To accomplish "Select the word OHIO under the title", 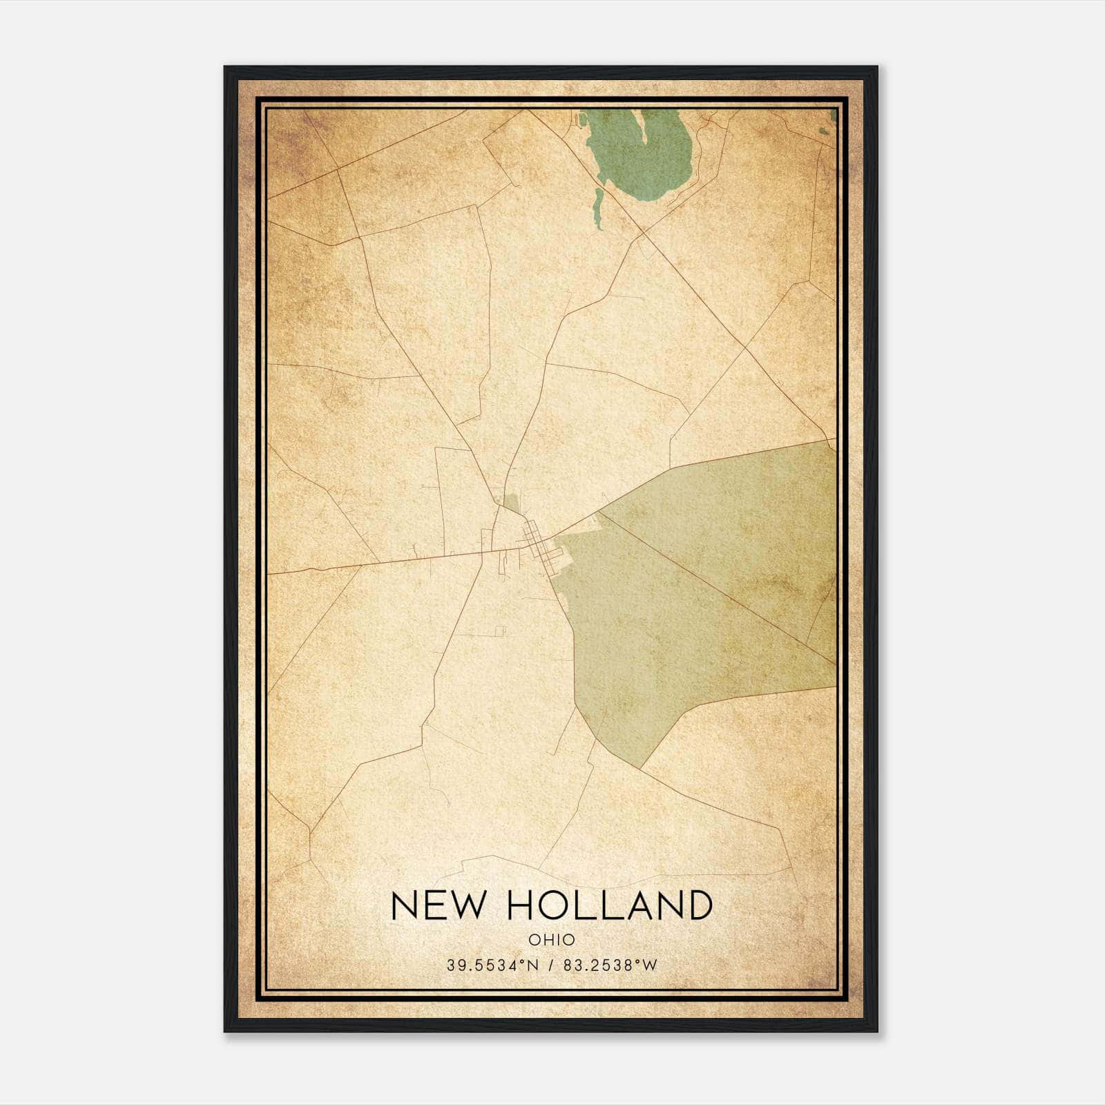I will (552, 939).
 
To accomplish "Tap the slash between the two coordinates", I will (551, 965).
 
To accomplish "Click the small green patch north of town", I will (510, 503).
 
